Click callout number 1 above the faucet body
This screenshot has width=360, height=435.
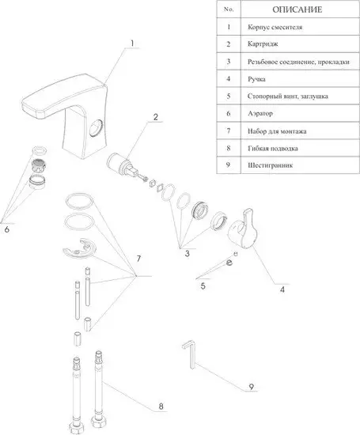click(132, 43)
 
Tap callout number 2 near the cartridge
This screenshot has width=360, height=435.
click(156, 117)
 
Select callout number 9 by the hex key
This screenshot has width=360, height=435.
click(251, 386)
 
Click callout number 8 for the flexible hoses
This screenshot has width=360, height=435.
click(161, 407)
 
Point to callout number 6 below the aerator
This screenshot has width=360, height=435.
click(7, 229)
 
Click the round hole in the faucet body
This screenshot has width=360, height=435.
click(97, 127)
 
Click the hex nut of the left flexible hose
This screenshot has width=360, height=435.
click(75, 428)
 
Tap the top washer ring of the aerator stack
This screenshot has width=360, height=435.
click(39, 150)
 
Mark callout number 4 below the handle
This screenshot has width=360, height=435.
click(282, 289)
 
